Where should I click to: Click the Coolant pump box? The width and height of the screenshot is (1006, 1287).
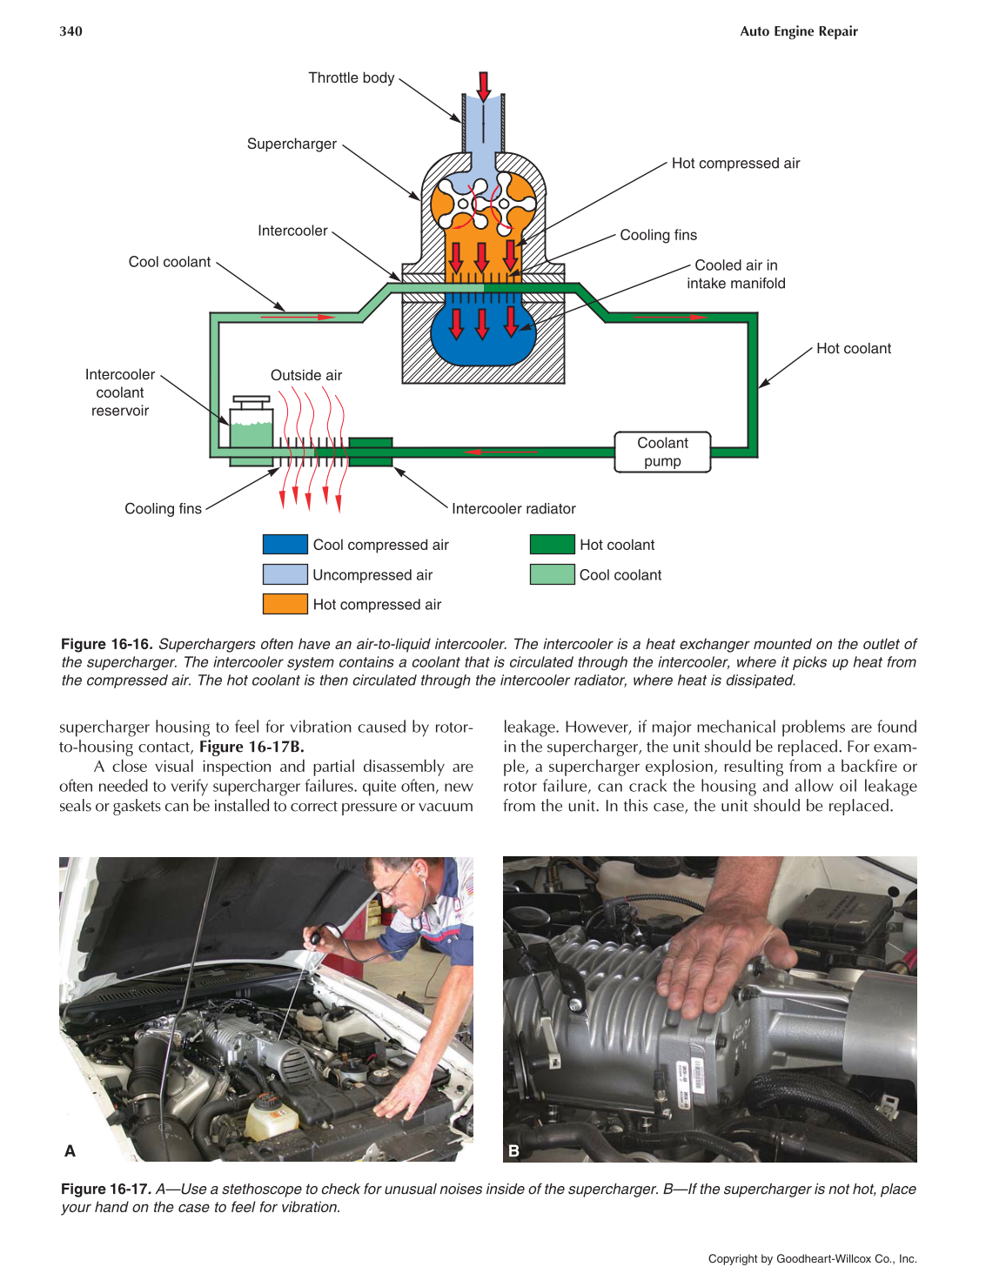pos(662,452)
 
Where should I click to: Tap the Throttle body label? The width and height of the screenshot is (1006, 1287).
pos(351,77)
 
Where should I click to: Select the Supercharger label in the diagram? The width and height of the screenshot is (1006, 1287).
pos(292,144)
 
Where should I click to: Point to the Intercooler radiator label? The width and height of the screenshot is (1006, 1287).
pos(513,508)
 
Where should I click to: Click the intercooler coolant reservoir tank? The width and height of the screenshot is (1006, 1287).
pos(251,427)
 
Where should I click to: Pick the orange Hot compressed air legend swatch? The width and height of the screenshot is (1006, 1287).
pos(285,604)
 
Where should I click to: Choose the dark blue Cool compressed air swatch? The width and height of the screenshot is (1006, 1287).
pos(285,545)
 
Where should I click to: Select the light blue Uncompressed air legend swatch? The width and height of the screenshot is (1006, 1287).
pos(285,574)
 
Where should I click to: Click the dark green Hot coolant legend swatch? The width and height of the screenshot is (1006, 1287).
pos(552,545)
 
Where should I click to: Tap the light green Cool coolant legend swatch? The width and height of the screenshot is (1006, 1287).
pos(552,574)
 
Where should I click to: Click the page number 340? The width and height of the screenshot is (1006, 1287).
pos(70,31)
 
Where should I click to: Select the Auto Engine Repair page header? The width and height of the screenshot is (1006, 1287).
pos(798,31)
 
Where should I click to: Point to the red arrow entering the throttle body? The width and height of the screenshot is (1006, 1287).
pos(483,85)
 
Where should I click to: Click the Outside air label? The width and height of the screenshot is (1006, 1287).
pos(305,375)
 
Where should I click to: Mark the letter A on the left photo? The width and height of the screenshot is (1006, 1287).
pos(70,1150)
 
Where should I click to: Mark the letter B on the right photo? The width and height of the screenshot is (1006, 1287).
pos(513,1150)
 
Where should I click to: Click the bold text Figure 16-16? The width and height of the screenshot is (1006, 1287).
pos(106,644)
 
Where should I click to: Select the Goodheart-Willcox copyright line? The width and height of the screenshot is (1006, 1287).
pos(812,1258)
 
